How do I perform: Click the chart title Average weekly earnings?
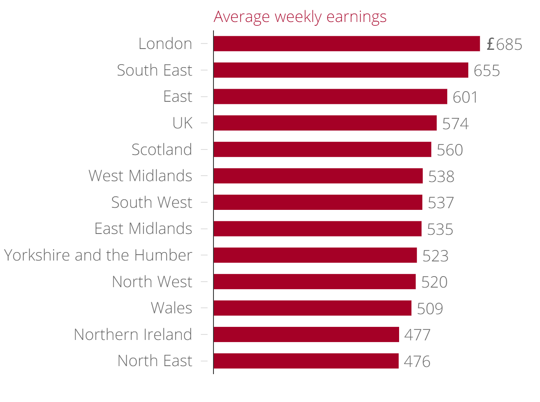click(300, 17)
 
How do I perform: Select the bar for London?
click(346, 43)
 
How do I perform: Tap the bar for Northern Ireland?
click(306, 334)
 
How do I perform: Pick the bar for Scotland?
click(322, 149)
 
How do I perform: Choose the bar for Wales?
click(312, 308)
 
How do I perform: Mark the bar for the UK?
click(325, 123)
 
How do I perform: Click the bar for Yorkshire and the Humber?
click(315, 255)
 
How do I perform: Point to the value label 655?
click(486, 71)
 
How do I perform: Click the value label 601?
click(465, 97)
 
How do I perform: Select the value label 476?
click(417, 361)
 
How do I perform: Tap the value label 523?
click(435, 256)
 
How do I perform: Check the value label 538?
click(441, 177)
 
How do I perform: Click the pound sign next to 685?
click(490, 44)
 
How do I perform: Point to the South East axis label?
click(154, 70)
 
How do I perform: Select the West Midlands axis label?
click(140, 176)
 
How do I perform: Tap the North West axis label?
click(152, 282)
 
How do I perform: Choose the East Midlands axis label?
click(143, 228)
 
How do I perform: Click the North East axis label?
click(154, 361)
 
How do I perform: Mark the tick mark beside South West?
click(204, 202)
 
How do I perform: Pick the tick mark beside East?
click(204, 97)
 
